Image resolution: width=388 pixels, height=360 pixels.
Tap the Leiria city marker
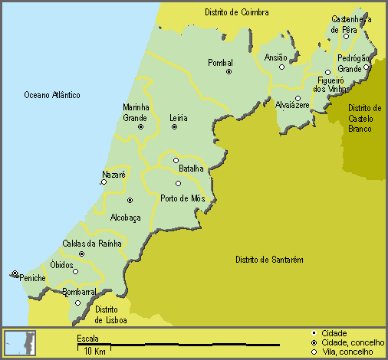click(x=174, y=127)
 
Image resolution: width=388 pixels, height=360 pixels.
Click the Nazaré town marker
click(x=104, y=182)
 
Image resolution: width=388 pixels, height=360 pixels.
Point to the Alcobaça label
click(x=125, y=217)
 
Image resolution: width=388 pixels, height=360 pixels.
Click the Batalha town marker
click(x=175, y=160)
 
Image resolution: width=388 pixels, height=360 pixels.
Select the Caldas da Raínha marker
click(x=81, y=254)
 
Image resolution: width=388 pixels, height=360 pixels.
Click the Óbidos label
click(x=61, y=264)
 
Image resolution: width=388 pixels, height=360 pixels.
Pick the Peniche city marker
click(x=15, y=273)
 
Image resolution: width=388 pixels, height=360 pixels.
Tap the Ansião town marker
click(x=281, y=67)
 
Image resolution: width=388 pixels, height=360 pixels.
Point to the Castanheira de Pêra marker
click(x=346, y=36)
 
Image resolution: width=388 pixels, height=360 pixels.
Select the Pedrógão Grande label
click(x=353, y=64)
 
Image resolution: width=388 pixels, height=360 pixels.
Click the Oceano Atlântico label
click(x=51, y=95)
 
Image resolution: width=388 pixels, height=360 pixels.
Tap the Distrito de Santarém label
click(x=269, y=260)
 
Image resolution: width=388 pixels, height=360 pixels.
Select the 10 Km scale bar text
click(x=94, y=351)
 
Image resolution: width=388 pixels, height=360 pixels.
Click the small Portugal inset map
click(x=19, y=342)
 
